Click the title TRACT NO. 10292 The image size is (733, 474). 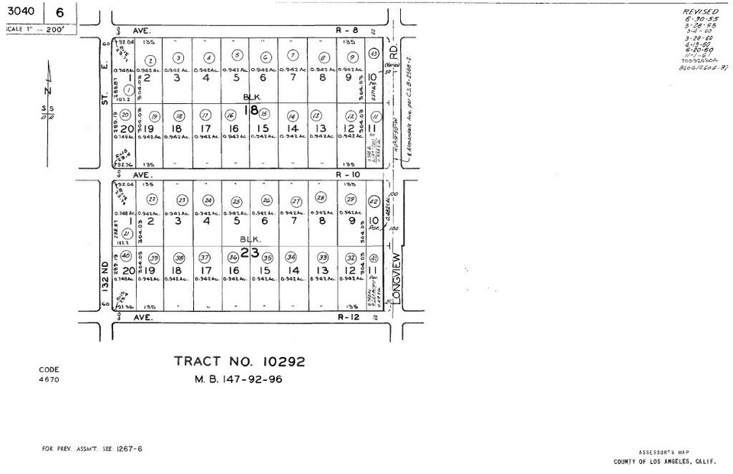point(240,361)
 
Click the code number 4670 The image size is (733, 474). point(49,379)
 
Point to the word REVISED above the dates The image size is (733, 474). point(700,12)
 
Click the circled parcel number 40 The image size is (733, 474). point(126,255)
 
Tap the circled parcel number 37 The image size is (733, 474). point(205,257)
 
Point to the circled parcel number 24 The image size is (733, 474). point(208,201)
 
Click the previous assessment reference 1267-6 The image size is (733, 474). point(131,449)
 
